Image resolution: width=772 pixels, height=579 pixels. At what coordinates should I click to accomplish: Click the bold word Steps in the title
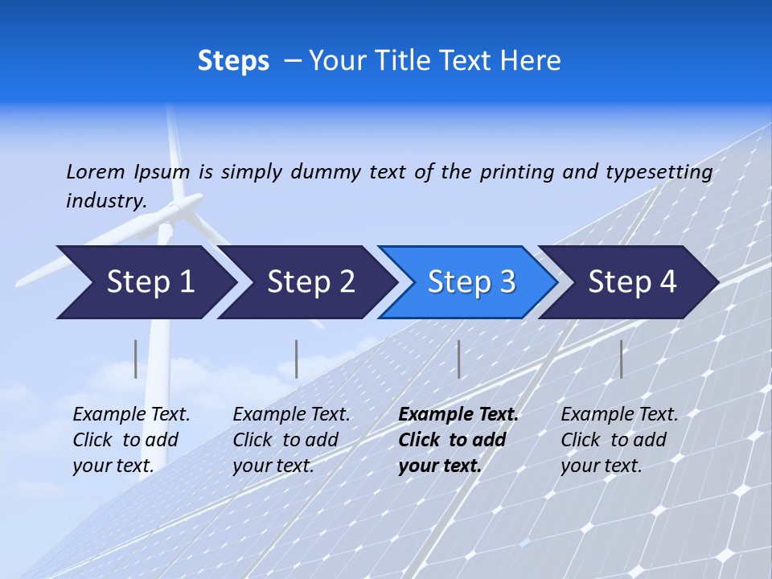(x=233, y=61)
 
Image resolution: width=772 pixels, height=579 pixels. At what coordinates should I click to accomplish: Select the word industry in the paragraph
(x=105, y=200)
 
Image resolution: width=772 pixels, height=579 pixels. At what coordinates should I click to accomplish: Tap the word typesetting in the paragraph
(x=659, y=172)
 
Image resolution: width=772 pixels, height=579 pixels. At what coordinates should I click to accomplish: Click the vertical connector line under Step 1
(x=136, y=359)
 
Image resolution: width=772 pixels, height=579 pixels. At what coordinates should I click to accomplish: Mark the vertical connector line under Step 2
(x=297, y=359)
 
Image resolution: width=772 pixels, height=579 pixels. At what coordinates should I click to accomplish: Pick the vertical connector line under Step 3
(x=458, y=359)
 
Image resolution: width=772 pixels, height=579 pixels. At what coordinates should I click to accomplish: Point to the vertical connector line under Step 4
(x=621, y=359)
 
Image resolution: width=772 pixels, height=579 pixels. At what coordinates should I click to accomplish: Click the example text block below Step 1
(x=131, y=440)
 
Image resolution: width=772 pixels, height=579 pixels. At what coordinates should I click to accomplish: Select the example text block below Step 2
(x=291, y=440)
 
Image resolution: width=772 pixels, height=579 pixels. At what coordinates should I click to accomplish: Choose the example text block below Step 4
(x=619, y=440)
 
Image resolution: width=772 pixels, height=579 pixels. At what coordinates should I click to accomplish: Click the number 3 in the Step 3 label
(x=507, y=282)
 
